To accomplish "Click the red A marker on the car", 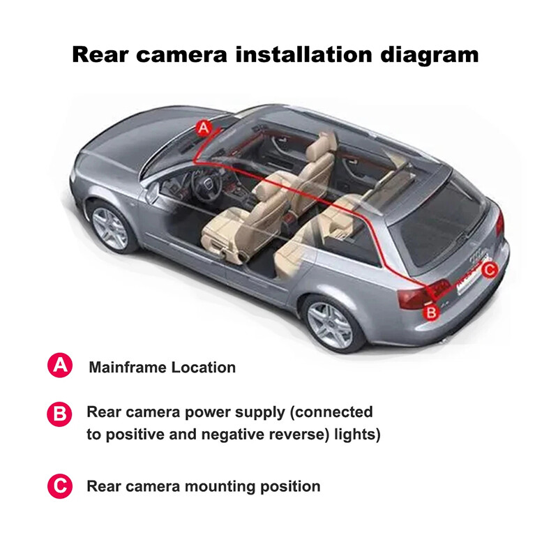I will click(203, 127).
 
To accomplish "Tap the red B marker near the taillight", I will click(432, 312).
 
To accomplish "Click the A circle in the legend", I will click(60, 366).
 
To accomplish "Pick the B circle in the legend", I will click(60, 414).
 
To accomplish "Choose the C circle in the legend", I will click(60, 486).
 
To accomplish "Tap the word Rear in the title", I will click(103, 54).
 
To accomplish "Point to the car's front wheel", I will click(110, 227).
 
